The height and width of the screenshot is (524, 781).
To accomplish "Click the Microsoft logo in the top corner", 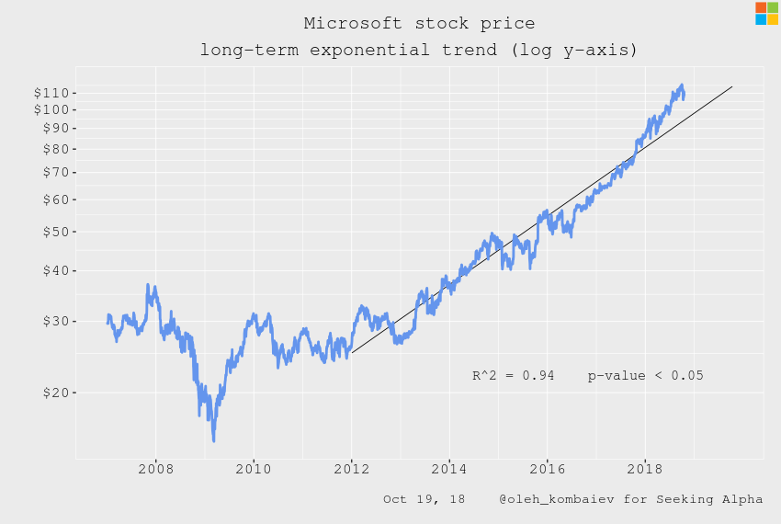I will tap(766, 14).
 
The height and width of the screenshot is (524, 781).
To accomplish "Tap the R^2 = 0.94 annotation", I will tap(513, 375).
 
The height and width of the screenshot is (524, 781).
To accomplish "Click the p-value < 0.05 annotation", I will tap(646, 375).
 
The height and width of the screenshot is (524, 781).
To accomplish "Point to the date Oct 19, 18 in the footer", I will tap(424, 499).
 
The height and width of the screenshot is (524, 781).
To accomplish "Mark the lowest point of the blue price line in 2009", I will tap(213, 441).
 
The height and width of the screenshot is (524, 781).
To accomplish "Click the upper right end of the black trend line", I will tap(731, 86).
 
